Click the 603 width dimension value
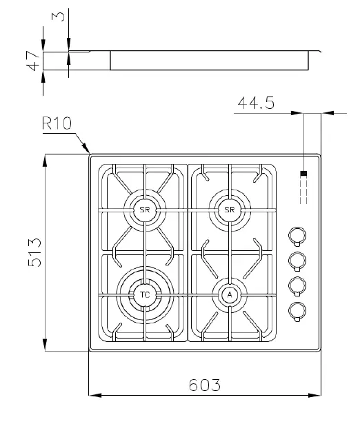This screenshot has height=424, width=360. pyautogui.click(x=204, y=383)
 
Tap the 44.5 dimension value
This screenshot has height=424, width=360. pyautogui.click(x=256, y=103)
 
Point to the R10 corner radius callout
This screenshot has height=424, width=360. pyautogui.click(x=57, y=123)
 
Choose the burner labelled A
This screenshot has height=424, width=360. pyautogui.click(x=230, y=295)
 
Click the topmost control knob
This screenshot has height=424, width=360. pyautogui.click(x=297, y=236)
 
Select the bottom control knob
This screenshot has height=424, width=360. pyautogui.click(x=297, y=311)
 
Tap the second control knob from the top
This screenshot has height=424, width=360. pyautogui.click(x=297, y=260)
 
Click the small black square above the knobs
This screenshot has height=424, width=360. pyautogui.click(x=303, y=174)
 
